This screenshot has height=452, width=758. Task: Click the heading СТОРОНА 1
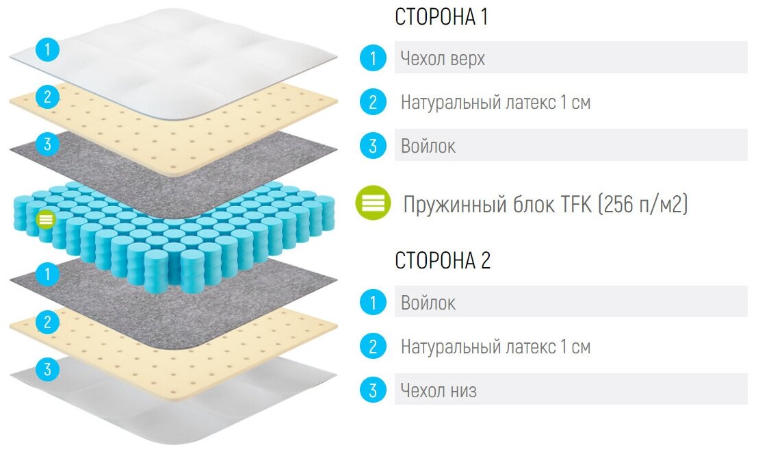point(441,17)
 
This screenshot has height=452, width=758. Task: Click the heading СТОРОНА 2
point(443,261)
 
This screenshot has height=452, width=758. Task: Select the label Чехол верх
point(443,58)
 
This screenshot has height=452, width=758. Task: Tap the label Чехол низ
point(439,390)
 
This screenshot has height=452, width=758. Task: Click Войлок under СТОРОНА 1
point(428,146)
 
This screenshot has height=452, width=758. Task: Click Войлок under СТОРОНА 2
point(428,303)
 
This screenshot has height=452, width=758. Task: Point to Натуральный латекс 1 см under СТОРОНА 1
point(495,103)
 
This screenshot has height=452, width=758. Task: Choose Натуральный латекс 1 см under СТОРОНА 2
point(495,347)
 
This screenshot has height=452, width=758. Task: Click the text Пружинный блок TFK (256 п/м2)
point(545,203)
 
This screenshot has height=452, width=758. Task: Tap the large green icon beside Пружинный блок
point(373,203)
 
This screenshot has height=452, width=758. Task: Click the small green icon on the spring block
point(46,219)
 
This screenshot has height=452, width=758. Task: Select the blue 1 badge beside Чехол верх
point(373,58)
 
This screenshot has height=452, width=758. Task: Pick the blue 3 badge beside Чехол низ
point(373,390)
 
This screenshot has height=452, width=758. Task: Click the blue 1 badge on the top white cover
point(47,50)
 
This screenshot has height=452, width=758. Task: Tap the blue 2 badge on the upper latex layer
point(47,97)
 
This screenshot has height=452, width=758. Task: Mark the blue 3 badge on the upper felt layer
point(47,144)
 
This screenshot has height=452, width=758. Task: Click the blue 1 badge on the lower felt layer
point(47,275)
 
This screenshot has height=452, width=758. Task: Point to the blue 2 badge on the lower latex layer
point(47,322)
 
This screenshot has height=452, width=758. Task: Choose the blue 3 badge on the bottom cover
point(47,370)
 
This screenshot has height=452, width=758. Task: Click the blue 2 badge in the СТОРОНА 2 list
point(373,347)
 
